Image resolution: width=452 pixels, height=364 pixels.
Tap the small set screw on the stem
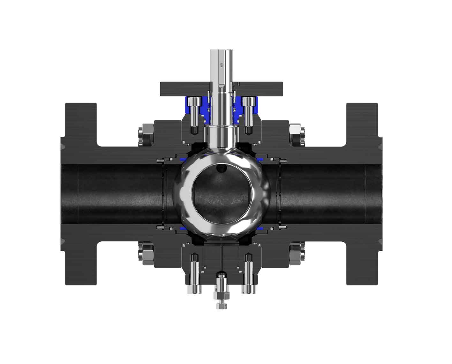[221, 65]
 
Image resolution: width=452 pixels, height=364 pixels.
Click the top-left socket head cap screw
[194, 103]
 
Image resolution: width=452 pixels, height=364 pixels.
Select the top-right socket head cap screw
[247, 103]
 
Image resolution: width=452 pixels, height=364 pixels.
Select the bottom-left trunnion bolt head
[195, 289]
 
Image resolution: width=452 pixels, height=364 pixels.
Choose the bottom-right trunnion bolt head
[247, 289]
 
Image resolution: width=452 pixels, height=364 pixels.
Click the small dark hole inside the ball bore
[220, 168]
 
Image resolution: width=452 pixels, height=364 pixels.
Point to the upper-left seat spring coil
[160, 161]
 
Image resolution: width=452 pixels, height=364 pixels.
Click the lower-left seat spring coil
[160, 227]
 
